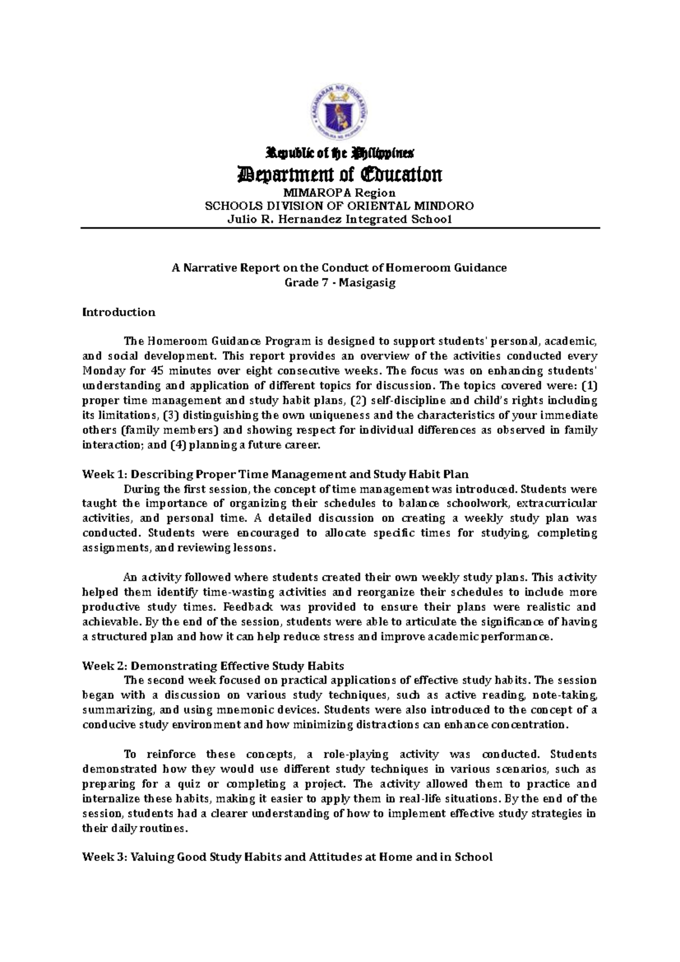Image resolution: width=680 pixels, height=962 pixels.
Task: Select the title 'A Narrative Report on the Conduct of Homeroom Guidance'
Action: coord(339,268)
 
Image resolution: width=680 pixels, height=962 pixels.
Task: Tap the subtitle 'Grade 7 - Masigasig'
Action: coord(339,282)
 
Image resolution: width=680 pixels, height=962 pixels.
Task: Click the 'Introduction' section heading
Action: coord(119,312)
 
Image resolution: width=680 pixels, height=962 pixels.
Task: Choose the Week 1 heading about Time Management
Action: coord(276,474)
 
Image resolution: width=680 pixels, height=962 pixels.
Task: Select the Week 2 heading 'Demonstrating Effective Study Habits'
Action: coord(213,665)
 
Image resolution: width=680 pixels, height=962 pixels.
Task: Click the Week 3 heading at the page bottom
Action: coord(287,857)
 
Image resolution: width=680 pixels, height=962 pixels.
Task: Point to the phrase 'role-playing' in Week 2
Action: coord(355,754)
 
